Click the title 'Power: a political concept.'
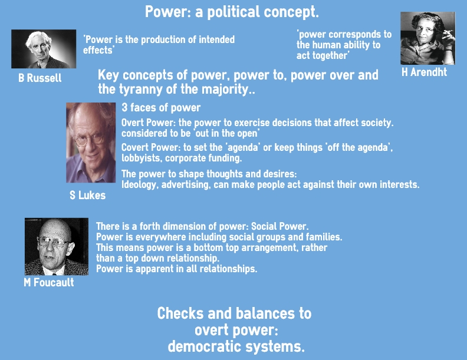click(x=232, y=12)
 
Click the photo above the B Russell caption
click(x=44, y=49)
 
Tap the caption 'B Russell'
click(x=40, y=78)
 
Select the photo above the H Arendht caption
click(x=427, y=38)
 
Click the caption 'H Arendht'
click(x=424, y=72)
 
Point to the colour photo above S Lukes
click(x=91, y=143)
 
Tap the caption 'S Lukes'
click(x=87, y=195)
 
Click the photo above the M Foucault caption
click(x=57, y=246)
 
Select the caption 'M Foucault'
click(x=49, y=282)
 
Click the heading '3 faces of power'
click(x=161, y=108)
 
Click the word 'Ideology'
click(x=139, y=185)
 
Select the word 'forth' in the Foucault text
click(x=150, y=226)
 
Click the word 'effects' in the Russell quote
click(x=98, y=50)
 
